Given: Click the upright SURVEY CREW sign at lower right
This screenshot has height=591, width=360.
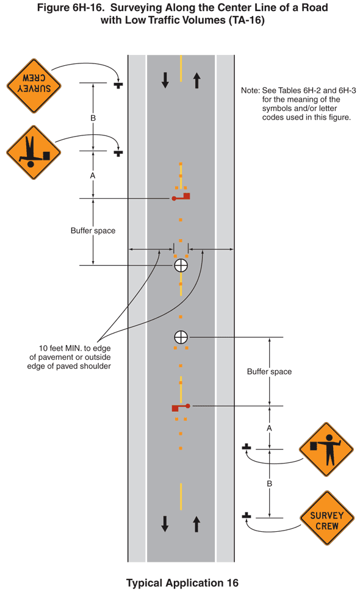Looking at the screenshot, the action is coord(327,518).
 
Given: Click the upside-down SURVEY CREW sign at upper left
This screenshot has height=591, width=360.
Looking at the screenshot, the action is coord(34,86).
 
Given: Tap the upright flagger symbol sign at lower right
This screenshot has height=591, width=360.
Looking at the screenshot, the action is coord(326,450).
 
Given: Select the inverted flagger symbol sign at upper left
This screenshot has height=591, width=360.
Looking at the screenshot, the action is coord(34,152).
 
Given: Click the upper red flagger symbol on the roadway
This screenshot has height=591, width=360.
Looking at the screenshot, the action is coord(181,197).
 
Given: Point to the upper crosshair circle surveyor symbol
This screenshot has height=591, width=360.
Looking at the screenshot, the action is coord(181,265).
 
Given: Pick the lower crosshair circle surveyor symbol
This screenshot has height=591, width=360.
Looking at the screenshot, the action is coord(181,337).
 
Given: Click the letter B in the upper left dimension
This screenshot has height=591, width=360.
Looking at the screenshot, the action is coord(93,118).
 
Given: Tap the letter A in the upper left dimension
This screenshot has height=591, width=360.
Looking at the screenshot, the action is coord(93,176).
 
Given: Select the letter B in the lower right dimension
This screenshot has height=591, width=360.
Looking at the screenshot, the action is coord(269,484).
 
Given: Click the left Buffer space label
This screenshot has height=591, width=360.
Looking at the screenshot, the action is coord(93,231).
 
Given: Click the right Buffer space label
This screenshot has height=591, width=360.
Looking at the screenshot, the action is coord(269,371).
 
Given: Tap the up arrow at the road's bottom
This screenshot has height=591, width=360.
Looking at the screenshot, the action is coord(196,524).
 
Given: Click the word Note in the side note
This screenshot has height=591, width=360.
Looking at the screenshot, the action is coord(250,90).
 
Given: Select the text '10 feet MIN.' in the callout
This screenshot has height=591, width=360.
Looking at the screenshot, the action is coord(60,348).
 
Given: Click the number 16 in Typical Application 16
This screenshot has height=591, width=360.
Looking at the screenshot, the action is coord(232,583).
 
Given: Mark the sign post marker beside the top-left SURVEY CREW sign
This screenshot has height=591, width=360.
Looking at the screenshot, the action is coord(118,84).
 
